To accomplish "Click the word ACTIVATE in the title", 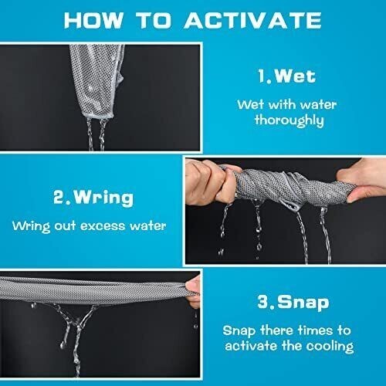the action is (252, 20).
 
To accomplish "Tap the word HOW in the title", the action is (93, 20).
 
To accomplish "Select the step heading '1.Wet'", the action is (287, 76).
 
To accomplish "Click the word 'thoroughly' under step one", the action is (289, 120).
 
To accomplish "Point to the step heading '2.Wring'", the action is (93, 198).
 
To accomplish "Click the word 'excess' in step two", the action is (103, 226).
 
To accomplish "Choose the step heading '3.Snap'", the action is (293, 302).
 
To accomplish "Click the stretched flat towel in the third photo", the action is (94, 291).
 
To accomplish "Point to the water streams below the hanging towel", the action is (96, 134).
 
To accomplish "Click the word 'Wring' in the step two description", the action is (31, 226).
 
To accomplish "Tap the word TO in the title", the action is (154, 20).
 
